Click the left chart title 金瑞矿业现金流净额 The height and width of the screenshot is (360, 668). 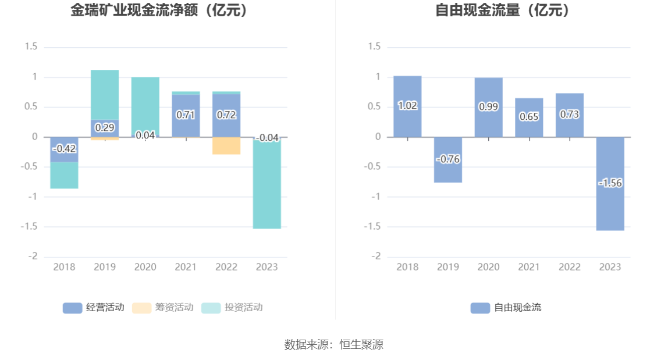159,10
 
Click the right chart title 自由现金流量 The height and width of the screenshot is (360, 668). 503,10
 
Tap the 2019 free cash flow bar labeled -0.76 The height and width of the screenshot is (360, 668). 448,169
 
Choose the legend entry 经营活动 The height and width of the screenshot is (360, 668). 94,308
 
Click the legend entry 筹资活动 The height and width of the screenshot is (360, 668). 163,308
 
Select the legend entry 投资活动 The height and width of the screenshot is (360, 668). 232,308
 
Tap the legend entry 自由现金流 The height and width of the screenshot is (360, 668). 506,308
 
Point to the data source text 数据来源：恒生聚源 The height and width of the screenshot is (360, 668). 334,344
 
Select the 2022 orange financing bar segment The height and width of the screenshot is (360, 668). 226,146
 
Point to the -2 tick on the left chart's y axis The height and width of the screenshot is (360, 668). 33,256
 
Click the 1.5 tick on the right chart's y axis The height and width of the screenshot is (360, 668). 375,47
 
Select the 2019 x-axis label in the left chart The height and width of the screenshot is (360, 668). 105,267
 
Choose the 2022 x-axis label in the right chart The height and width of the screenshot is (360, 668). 570,267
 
